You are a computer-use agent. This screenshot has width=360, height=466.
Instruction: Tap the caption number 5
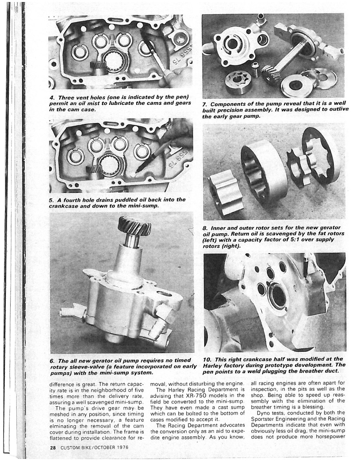coord(51,200)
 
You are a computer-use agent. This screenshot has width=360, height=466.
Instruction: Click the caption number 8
coord(205,227)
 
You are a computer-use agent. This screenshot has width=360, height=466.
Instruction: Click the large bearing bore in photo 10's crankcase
coord(278,296)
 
